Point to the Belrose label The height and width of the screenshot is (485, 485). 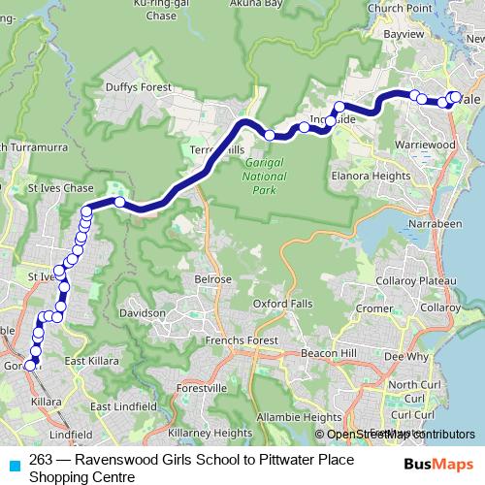click(x=213, y=278)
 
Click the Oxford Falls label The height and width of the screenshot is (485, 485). click(x=283, y=304)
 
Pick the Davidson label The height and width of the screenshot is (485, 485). click(x=143, y=314)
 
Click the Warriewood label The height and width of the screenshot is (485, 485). click(x=426, y=145)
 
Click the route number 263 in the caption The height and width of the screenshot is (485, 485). click(x=41, y=460)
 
